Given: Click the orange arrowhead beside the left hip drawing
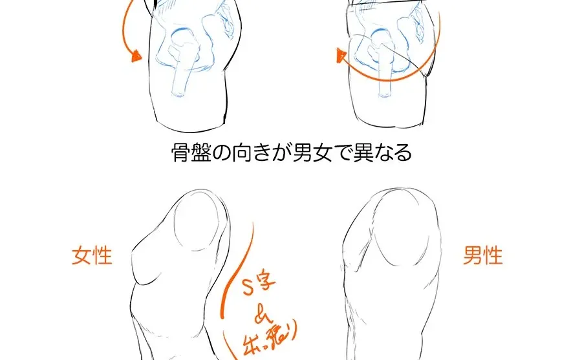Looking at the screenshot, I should (x=136, y=56).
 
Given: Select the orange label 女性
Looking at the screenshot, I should (x=92, y=255).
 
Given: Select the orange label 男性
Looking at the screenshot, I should (x=482, y=255).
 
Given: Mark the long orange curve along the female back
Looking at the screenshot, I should (x=233, y=271).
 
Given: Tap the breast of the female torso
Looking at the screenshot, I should (x=144, y=265).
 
